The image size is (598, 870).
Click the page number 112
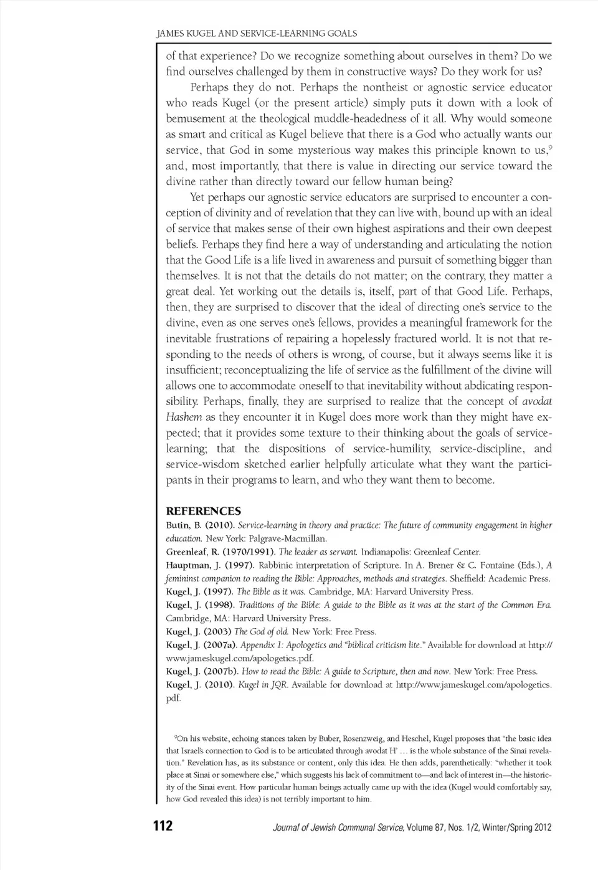click(163, 826)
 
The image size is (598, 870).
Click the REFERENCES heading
click(203, 511)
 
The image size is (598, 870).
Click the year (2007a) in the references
click(221, 645)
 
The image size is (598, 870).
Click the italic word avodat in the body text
click(536, 401)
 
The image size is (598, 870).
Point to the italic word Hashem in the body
click(184, 417)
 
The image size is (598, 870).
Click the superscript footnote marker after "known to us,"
click(551, 148)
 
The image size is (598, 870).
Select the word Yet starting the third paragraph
click(197, 198)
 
